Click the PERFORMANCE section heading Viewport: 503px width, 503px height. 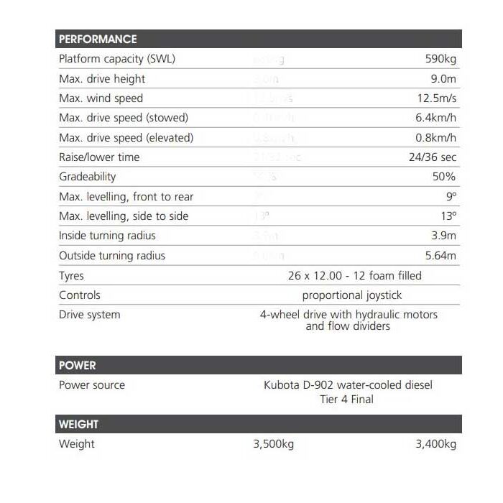coord(98,39)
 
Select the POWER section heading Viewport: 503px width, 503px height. coord(78,365)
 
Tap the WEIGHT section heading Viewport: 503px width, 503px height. coord(79,424)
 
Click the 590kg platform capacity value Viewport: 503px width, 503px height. coord(440,59)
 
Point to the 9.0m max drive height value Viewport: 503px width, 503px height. coord(443,78)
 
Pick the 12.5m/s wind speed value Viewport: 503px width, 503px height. coord(437,98)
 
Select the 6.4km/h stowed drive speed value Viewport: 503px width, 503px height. coord(436,118)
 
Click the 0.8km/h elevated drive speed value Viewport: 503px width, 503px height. coord(436,137)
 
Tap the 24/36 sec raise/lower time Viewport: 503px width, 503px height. coord(433,157)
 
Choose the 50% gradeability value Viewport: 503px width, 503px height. coord(444,177)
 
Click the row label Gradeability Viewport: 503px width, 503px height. coord(87,177)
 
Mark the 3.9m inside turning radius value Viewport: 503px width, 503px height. coord(443,236)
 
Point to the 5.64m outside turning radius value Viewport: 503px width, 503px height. coord(440,255)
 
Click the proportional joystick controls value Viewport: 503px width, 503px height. coord(352,295)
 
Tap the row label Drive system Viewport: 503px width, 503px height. coord(90,315)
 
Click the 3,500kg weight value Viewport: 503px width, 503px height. coord(274,444)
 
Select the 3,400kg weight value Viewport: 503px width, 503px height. coord(436,444)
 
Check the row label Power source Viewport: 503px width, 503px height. coord(92,385)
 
